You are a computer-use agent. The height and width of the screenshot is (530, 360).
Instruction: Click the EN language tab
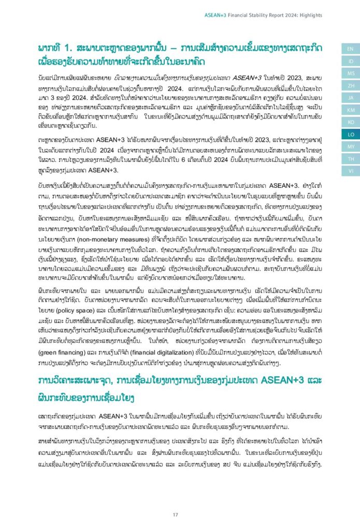point(350,49)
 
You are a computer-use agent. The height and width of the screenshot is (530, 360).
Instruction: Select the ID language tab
point(350,61)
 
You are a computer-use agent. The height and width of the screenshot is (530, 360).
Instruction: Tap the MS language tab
point(350,73)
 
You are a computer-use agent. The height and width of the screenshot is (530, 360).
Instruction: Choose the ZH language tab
point(350,85)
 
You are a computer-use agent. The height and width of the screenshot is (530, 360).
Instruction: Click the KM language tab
point(350,110)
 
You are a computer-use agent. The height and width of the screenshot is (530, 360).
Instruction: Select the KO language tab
point(350,122)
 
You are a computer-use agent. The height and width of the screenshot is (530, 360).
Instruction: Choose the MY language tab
point(350,146)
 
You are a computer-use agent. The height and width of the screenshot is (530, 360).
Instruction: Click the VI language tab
point(350,171)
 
